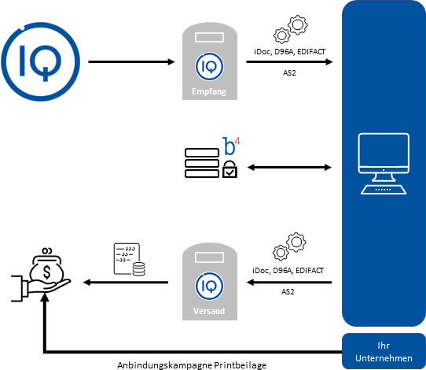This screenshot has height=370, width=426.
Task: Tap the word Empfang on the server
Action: click(209, 91)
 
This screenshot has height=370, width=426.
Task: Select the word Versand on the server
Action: click(209, 311)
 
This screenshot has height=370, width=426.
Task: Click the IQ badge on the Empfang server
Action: click(209, 67)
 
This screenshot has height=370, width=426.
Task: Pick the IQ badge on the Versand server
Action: click(209, 287)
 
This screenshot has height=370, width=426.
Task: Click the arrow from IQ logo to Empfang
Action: click(131, 61)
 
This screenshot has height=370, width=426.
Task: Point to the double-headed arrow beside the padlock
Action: click(289, 168)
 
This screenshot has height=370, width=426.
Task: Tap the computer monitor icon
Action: click(384, 164)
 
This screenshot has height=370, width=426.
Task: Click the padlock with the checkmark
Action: click(230, 169)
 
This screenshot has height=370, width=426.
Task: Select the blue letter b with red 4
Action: click(231, 146)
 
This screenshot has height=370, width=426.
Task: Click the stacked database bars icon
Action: click(202, 163)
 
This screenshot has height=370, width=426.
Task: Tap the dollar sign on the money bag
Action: click(47, 272)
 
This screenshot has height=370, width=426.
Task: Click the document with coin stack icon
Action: click(130, 259)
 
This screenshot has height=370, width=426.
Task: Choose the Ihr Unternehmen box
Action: click(384, 351)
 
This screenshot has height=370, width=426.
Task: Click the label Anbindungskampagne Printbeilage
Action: click(192, 365)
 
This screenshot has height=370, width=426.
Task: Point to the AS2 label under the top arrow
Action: click(289, 73)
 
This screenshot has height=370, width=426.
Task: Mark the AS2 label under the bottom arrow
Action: click(288, 292)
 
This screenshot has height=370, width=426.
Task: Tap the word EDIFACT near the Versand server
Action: click(310, 271)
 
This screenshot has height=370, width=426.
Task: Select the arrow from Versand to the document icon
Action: click(126, 283)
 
